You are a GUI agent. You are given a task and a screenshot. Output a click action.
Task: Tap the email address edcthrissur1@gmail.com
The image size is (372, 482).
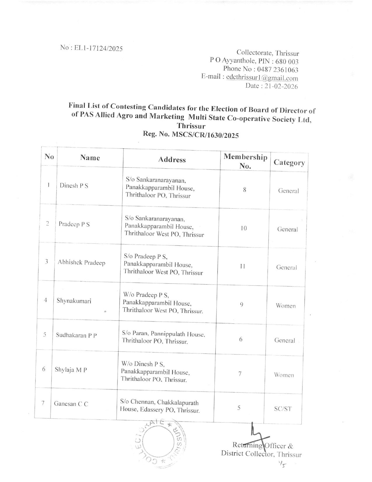(x=262, y=78)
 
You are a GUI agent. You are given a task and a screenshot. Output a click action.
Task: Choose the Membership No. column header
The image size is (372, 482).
(x=245, y=161)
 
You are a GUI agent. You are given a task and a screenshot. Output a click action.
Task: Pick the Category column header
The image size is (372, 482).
(x=289, y=163)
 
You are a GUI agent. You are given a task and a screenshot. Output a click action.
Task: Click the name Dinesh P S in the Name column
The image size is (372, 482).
(x=74, y=185)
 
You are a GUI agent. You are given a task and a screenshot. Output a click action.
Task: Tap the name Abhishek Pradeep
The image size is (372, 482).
(x=81, y=262)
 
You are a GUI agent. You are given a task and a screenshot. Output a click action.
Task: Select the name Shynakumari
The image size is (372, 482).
(x=74, y=301)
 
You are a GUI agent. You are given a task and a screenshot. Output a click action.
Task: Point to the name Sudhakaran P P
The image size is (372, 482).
(x=76, y=335)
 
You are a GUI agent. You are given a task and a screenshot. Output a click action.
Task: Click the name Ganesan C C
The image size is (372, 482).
(x=71, y=404)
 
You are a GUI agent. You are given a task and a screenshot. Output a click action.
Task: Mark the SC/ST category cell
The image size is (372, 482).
(x=282, y=409)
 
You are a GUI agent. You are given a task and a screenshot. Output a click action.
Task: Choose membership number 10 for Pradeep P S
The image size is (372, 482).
(x=244, y=228)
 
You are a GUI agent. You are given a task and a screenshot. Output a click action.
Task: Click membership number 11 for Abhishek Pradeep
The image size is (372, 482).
(x=242, y=267)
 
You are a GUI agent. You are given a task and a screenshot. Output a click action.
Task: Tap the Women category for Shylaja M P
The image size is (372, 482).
(x=284, y=375)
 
